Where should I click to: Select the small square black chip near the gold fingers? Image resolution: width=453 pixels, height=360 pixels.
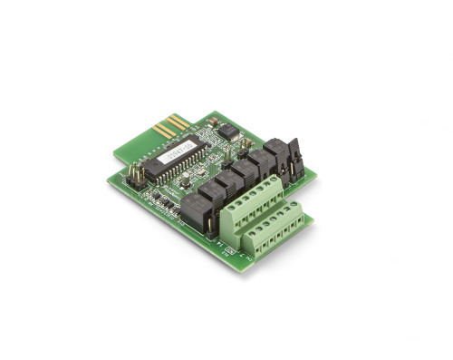(x=226, y=132)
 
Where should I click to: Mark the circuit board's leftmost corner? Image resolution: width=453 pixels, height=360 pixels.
(x=108, y=178)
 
